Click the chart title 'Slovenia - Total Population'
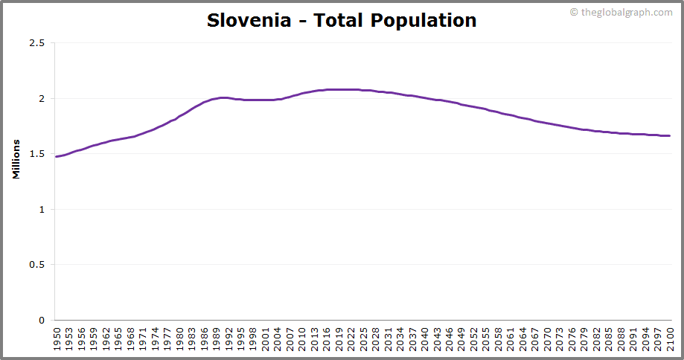[x=342, y=20]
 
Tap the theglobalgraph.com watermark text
[x=625, y=12]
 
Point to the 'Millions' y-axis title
[x=16, y=158]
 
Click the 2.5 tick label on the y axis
[x=37, y=43]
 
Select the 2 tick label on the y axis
[x=42, y=98]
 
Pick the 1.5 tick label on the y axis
[x=37, y=154]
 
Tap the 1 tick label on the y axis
[x=42, y=209]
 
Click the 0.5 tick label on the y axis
[x=37, y=265]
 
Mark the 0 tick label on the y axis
[x=42, y=320]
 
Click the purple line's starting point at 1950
[x=57, y=156]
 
